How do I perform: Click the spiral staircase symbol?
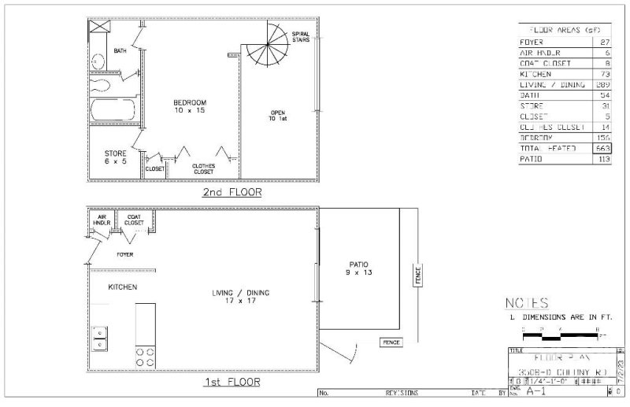(268, 46)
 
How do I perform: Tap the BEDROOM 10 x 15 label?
(190, 106)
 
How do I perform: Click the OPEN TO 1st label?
(277, 117)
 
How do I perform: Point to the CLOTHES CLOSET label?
(204, 168)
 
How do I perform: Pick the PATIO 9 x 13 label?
(359, 268)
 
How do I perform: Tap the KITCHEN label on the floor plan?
(123, 287)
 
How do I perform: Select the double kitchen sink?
(100, 338)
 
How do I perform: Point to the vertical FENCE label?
(418, 276)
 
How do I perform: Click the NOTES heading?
(526, 303)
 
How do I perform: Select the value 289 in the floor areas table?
(603, 84)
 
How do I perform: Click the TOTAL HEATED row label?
(548, 148)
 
